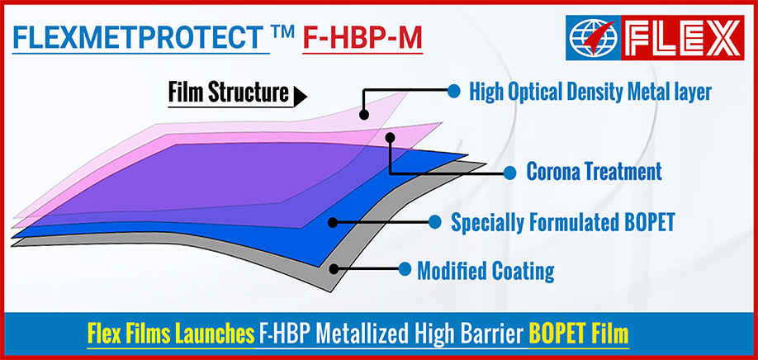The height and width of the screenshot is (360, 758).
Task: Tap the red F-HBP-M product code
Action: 362,38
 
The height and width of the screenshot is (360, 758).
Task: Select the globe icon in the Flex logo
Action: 593,38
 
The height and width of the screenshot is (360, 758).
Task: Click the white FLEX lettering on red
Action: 682,38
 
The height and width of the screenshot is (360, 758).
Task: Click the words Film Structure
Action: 228,92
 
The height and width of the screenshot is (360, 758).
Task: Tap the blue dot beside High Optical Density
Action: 453,90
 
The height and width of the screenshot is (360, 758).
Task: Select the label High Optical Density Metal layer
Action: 590,92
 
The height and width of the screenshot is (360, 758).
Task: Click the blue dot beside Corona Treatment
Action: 509,173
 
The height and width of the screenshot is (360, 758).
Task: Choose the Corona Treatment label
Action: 594,172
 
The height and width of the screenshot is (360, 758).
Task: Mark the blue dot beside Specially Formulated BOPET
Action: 434,222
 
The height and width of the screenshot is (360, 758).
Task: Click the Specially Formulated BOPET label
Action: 562,222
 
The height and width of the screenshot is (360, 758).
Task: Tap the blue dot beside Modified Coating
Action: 405,268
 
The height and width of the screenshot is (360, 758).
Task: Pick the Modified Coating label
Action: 486,271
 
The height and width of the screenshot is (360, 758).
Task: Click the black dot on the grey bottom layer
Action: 334,268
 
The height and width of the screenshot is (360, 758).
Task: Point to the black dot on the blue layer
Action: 333,222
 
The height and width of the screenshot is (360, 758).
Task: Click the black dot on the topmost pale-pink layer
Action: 364,115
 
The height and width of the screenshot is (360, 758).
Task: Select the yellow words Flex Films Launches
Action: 171,334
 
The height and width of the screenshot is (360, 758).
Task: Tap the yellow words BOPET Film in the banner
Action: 579,334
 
